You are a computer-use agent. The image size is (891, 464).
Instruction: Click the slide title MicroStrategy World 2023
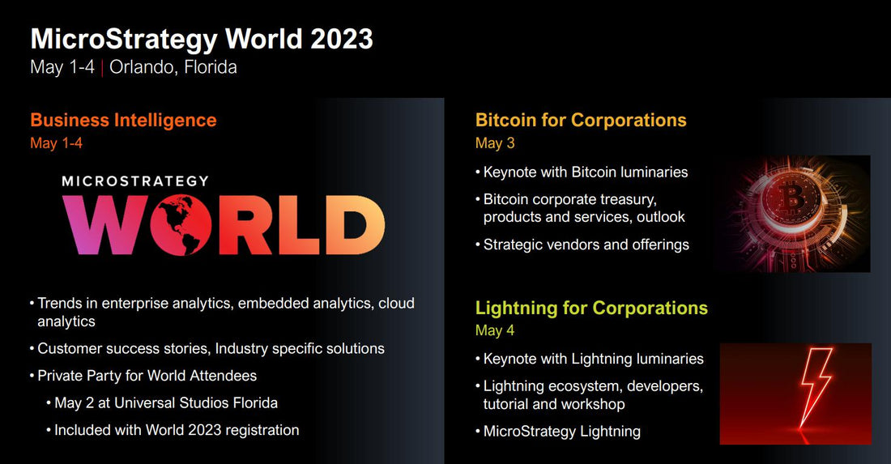(x=202, y=39)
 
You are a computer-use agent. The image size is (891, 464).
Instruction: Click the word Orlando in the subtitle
(x=139, y=67)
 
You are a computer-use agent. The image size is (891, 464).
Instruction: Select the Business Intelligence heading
(x=123, y=121)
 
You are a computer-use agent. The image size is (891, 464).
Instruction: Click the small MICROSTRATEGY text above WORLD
(x=134, y=181)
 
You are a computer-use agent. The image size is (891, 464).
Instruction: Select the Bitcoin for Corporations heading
(x=581, y=121)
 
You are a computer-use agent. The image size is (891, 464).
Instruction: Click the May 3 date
(x=495, y=143)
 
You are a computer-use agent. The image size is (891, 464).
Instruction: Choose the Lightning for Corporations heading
(x=591, y=309)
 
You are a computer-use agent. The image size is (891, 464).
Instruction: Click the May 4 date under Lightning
(x=495, y=330)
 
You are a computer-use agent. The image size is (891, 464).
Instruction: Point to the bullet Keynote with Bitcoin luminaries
(x=585, y=172)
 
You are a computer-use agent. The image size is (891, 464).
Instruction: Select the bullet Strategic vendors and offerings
(x=586, y=244)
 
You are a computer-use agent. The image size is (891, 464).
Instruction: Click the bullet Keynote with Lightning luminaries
(x=593, y=359)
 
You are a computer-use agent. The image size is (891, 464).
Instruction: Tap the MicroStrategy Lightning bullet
(x=561, y=431)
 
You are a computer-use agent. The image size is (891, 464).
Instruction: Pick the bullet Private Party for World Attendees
(x=147, y=376)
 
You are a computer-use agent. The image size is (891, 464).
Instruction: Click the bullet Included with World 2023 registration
(x=177, y=430)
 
